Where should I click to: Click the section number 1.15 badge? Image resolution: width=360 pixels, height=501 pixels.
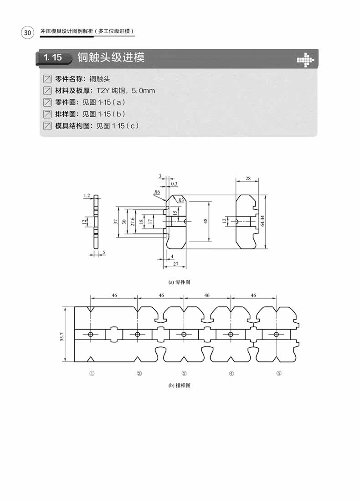coord(54,58)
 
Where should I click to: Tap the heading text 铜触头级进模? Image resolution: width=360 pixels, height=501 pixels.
coord(111,58)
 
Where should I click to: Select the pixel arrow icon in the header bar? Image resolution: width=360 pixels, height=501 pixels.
coord(305,59)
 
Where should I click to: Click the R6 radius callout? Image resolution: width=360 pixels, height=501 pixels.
coord(157,192)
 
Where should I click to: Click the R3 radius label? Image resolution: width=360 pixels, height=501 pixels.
coord(181,200)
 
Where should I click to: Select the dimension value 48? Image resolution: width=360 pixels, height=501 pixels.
coord(206,220)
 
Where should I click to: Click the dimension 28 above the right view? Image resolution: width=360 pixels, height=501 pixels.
coord(247,179)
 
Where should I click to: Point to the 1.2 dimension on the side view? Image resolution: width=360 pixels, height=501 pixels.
coord(87,196)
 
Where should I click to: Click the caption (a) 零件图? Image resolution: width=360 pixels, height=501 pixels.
coord(179,282)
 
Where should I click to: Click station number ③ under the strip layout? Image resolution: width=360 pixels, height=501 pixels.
coord(184,373)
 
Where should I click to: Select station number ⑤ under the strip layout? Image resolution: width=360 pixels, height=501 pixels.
coord(278,373)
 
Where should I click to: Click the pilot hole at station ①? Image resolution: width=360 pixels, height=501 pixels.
coord(91,335)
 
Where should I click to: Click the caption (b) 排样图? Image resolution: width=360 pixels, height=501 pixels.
coord(179,385)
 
